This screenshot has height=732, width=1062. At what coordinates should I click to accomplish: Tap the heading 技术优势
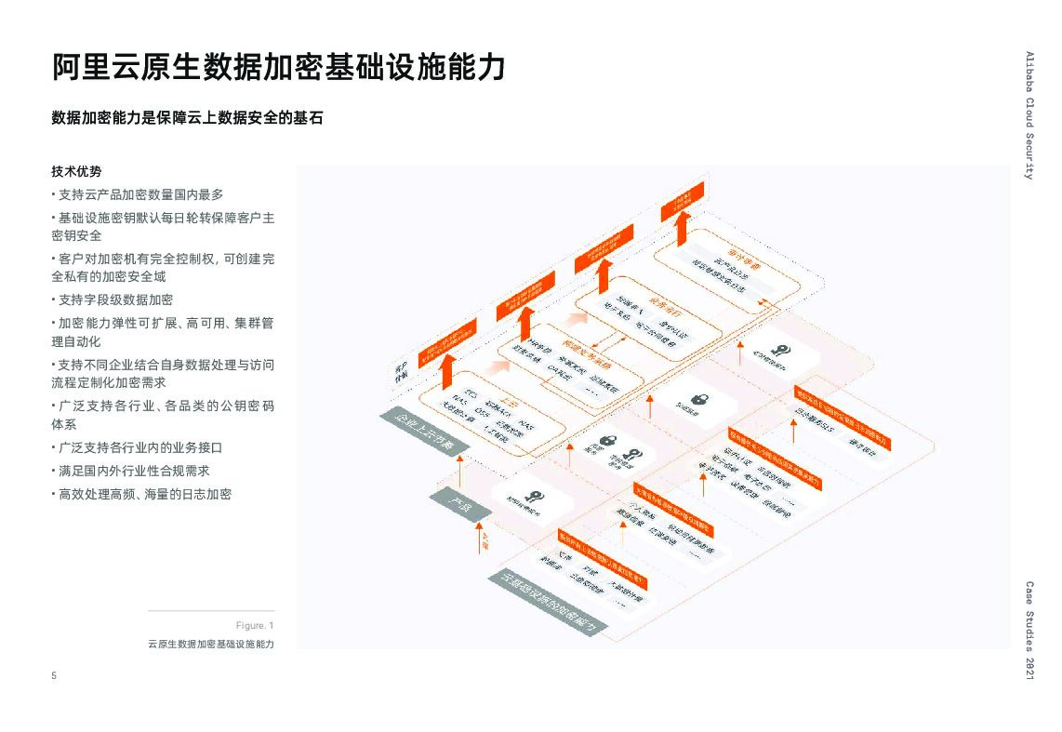click(x=76, y=172)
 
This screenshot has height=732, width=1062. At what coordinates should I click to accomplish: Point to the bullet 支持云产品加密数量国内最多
click(x=139, y=194)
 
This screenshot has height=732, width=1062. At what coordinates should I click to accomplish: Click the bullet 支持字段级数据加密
click(x=114, y=299)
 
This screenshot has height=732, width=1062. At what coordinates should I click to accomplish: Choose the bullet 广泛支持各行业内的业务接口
click(x=139, y=447)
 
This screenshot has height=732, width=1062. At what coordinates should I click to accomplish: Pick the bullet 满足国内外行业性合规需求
click(x=133, y=471)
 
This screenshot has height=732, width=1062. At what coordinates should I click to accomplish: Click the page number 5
click(x=54, y=676)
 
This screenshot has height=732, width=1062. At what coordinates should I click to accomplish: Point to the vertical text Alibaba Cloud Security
click(x=1029, y=114)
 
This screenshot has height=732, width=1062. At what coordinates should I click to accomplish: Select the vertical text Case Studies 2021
click(x=1029, y=634)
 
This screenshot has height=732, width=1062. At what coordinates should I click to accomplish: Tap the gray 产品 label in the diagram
click(x=459, y=506)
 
